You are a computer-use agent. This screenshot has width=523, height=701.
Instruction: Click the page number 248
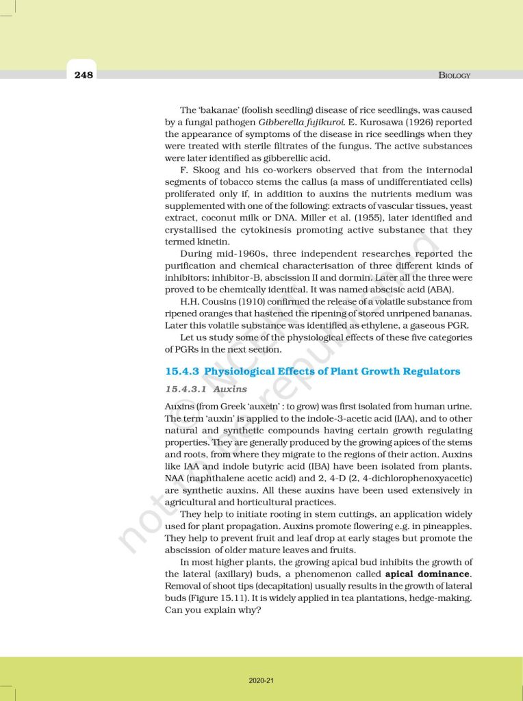point(84,75)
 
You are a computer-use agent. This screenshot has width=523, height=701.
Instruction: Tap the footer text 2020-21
point(261,680)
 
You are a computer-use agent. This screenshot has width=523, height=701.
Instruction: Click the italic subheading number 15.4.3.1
point(186,389)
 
